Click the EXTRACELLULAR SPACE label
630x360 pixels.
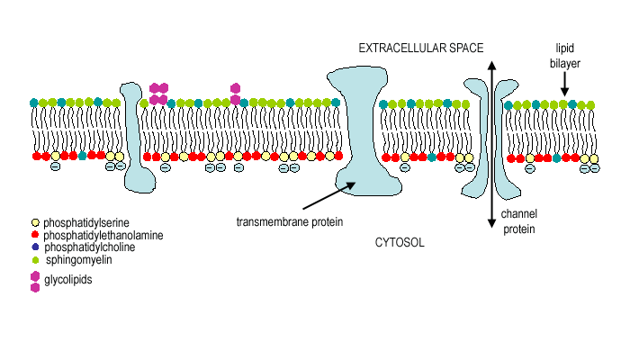point(421,47)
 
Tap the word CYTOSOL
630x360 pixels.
point(399,243)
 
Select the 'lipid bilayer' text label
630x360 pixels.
point(565,53)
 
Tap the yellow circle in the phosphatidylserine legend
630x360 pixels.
point(35,221)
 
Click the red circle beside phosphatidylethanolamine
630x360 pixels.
point(35,234)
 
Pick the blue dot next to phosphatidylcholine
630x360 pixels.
point(35,247)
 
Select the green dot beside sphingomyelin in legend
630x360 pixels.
point(35,259)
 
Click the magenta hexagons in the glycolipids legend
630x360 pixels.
point(35,282)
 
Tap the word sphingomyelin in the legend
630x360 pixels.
point(78,259)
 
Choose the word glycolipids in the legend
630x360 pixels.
point(68,281)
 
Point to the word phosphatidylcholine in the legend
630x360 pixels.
point(89,247)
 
